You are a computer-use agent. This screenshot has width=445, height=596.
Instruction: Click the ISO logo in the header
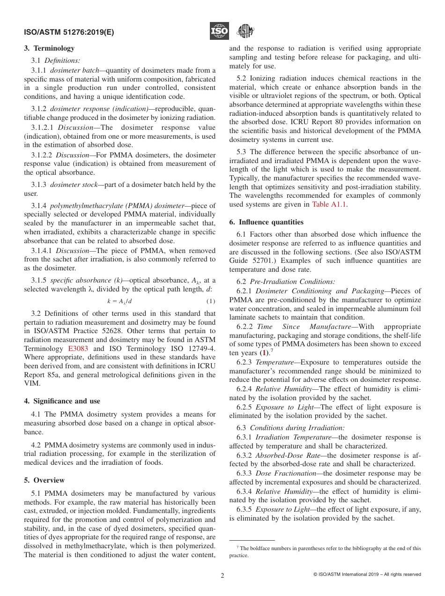pyautogui.click(x=219, y=31)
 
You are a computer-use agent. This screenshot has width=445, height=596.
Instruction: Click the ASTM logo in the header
pyautogui.click(x=245, y=31)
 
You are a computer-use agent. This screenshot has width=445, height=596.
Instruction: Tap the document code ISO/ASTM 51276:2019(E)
pyautogui.click(x=68, y=33)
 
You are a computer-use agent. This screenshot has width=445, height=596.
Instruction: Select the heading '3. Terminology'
pyautogui.click(x=49, y=48)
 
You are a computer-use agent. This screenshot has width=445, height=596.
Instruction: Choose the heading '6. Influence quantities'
pyautogui.click(x=266, y=222)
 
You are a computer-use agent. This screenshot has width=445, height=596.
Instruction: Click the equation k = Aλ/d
pyautogui.click(x=119, y=301)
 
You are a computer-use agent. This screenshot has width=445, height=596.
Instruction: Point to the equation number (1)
pyautogui.click(x=211, y=301)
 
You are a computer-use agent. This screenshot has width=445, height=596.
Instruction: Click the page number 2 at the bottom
pyautogui.click(x=222, y=575)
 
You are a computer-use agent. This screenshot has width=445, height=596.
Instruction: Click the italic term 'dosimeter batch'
pyautogui.click(x=73, y=70)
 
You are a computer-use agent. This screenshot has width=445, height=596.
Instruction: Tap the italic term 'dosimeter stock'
pyautogui.click(x=73, y=185)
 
